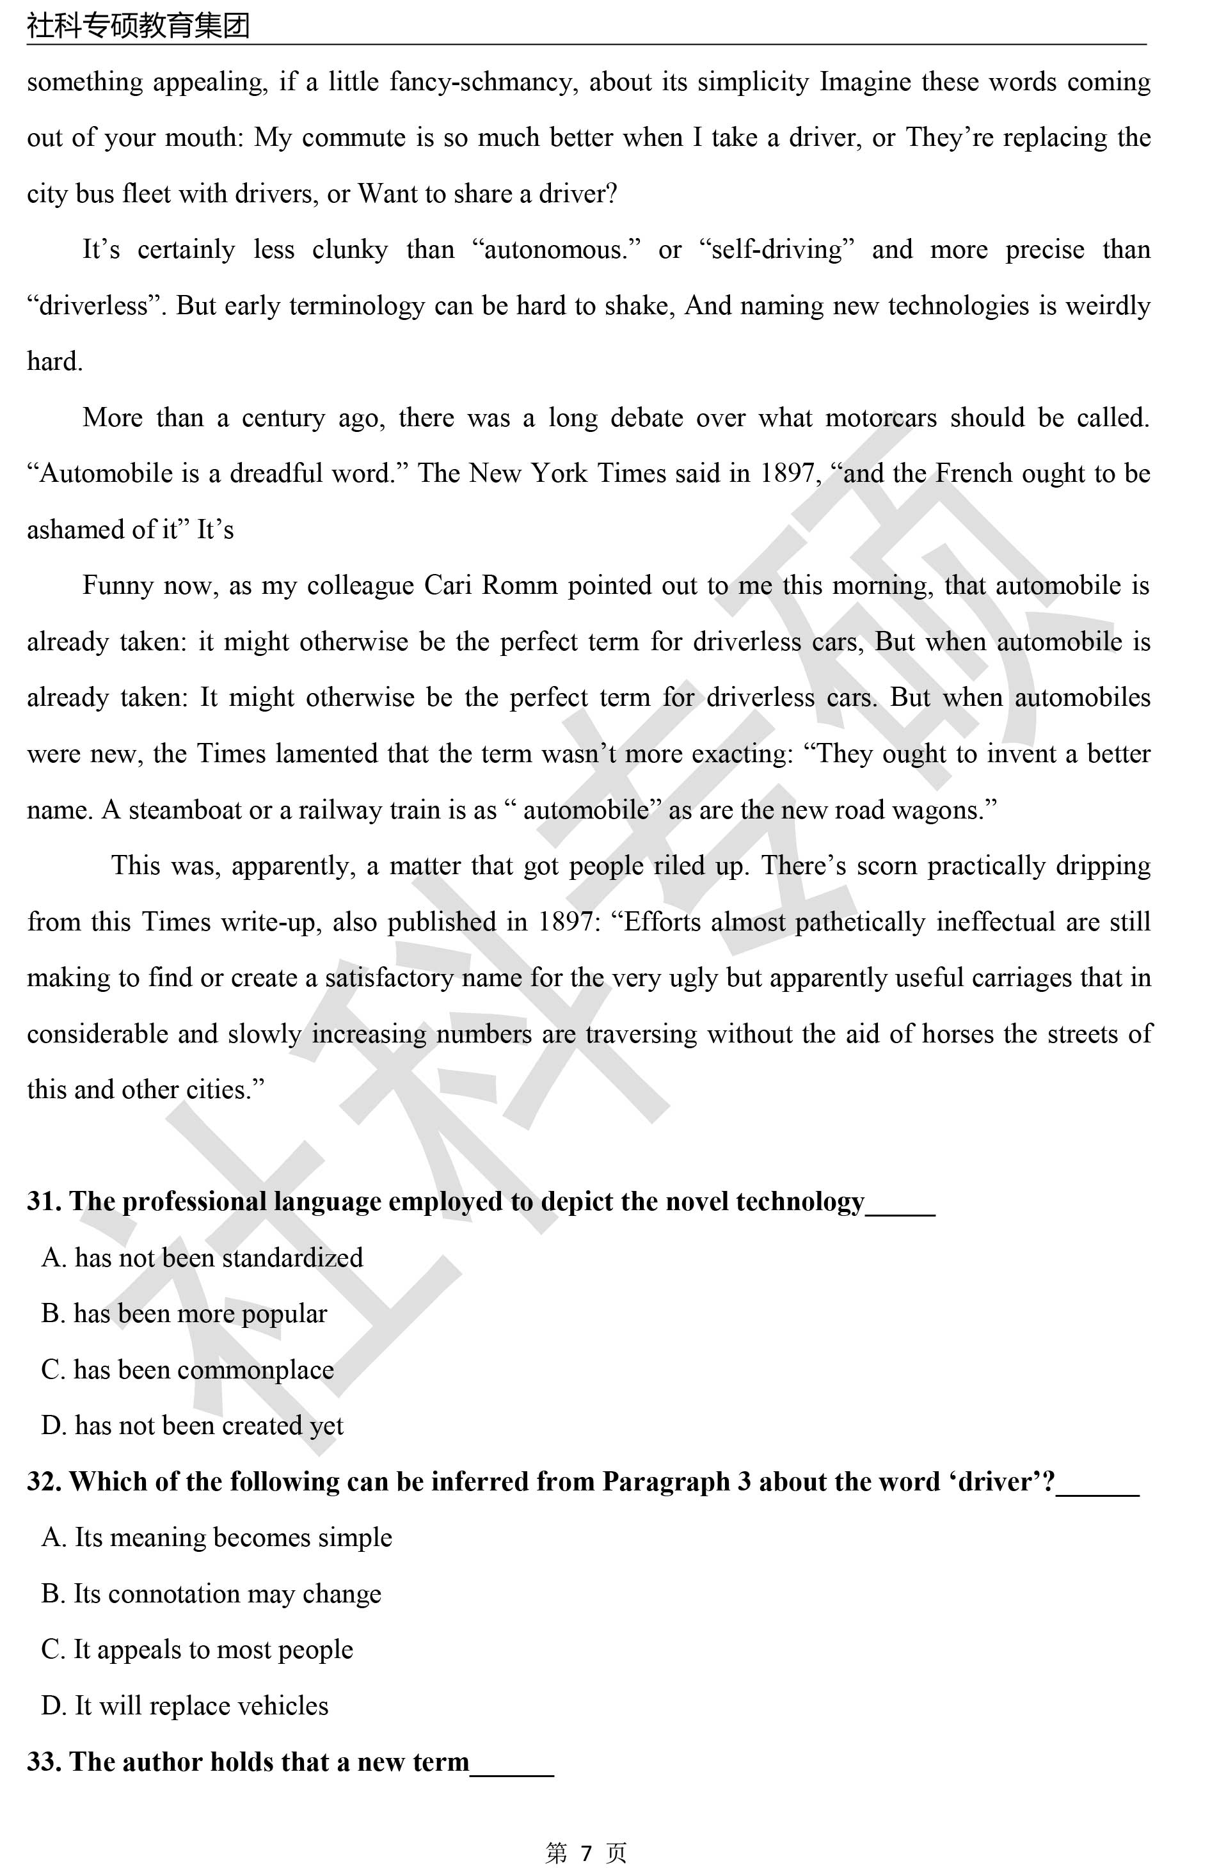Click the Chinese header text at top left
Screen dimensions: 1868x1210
pyautogui.click(x=138, y=26)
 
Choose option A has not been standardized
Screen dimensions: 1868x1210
pyautogui.click(x=202, y=1257)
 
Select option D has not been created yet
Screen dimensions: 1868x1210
pyautogui.click(x=192, y=1425)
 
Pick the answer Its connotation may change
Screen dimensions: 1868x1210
pyautogui.click(x=212, y=1593)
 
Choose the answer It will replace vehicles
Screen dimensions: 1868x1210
pyautogui.click(x=185, y=1705)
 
